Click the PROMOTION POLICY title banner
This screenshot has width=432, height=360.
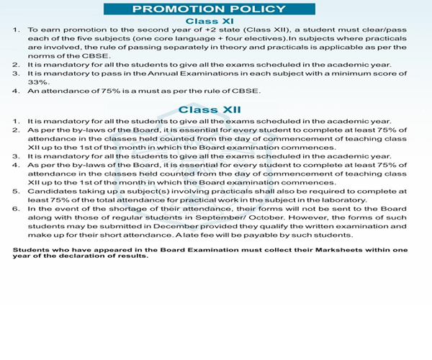[x=215, y=9]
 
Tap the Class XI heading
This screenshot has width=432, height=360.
[x=215, y=21]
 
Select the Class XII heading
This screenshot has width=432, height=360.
[x=215, y=109]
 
